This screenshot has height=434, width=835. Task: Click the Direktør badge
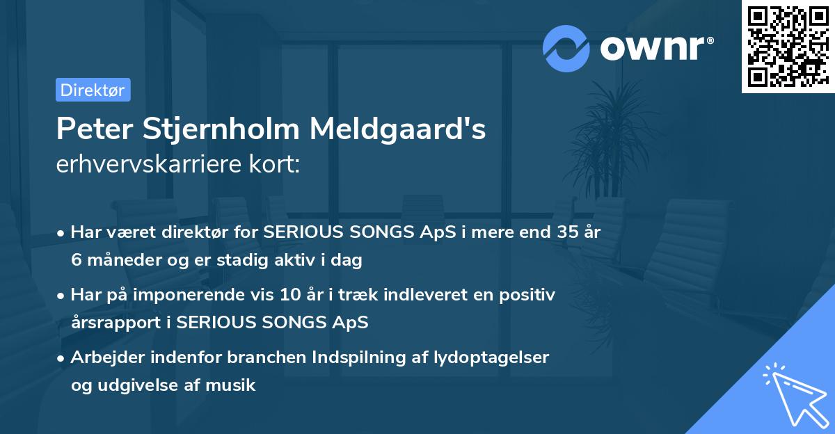93,90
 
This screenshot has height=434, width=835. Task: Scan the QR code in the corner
788,46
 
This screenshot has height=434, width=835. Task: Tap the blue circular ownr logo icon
567,49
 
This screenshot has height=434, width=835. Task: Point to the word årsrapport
118,322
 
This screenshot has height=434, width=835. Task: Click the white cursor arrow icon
793,394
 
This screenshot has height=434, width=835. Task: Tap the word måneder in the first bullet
120,260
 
